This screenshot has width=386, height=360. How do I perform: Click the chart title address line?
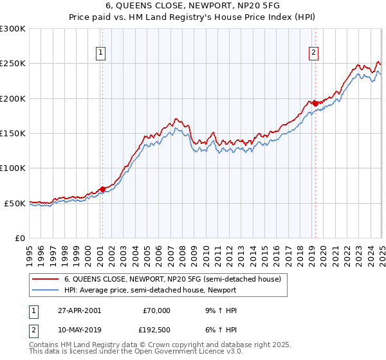tap(192, 8)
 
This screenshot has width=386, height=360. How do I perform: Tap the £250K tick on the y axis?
tap(14, 64)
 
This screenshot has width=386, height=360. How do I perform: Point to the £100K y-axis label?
tap(14, 168)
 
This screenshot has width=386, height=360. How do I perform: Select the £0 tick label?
tap(20, 238)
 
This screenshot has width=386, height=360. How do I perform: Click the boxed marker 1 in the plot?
tap(102, 53)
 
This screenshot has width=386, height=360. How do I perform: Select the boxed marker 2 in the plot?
tap(313, 53)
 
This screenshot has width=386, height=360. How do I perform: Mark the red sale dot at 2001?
tap(102, 189)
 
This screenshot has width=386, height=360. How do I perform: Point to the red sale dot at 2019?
tap(314, 103)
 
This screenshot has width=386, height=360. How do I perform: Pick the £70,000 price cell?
tap(155, 310)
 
